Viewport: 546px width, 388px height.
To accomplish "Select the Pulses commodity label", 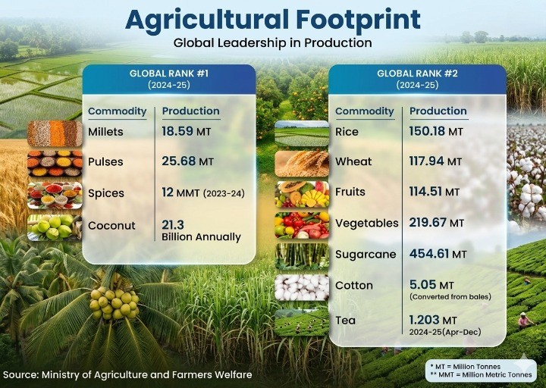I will point(105,161).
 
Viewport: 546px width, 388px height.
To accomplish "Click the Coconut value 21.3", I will point(173,225).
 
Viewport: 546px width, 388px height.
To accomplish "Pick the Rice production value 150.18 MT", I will point(436,131).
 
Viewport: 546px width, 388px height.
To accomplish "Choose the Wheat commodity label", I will point(355,161).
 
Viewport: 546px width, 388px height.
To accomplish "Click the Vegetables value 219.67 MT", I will point(436,223).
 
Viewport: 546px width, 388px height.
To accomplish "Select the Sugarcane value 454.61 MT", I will point(437,254).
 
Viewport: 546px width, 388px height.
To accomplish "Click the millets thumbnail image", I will point(55,133).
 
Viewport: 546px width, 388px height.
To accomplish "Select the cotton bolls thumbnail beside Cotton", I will point(301,286).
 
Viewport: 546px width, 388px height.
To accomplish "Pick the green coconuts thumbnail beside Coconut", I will point(55,227).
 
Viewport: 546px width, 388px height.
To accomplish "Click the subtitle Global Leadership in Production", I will point(272,42).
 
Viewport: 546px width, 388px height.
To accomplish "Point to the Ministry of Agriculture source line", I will point(127,374).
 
